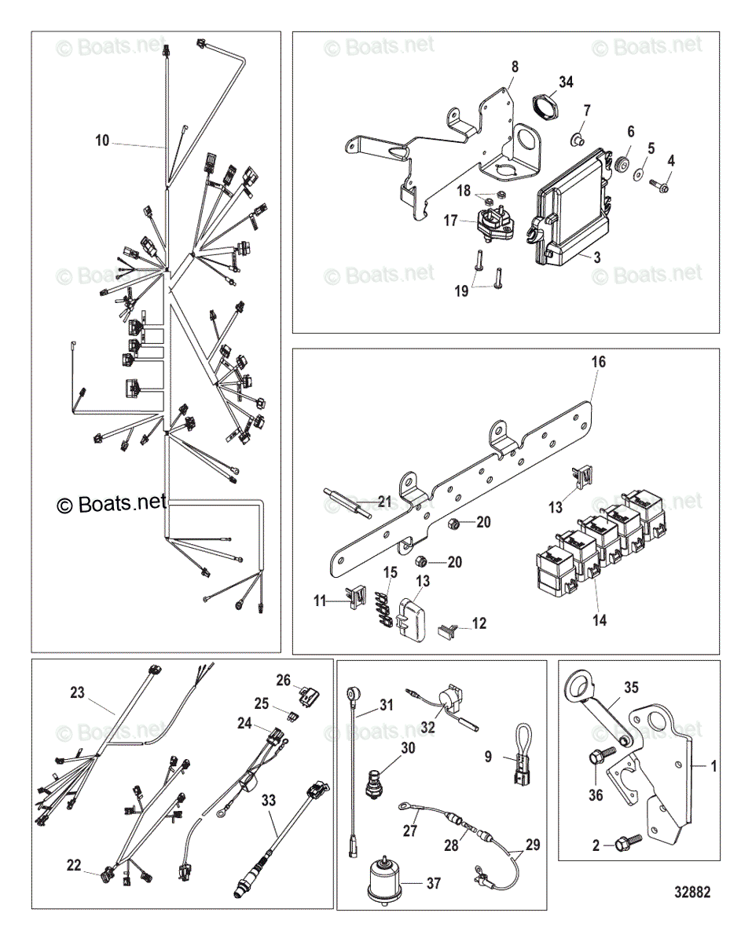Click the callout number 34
[566, 82]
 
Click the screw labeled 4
[658, 187]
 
